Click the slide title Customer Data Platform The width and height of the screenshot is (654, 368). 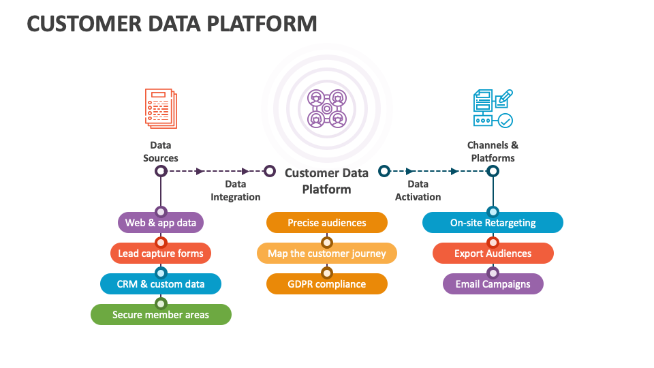[172, 23]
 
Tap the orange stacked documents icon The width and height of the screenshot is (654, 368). [161, 108]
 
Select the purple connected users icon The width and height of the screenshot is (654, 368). [327, 108]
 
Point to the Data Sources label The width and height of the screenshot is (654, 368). [161, 151]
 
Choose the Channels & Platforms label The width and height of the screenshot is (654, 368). [493, 151]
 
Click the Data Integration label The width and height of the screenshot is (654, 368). [235, 190]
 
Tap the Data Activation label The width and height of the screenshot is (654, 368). [418, 190]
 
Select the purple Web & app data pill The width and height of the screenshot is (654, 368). [161, 223]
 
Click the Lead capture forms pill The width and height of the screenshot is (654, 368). [161, 254]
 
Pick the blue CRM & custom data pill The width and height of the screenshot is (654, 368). [161, 284]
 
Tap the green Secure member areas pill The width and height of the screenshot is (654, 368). [161, 315]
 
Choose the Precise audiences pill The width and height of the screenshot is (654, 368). [327, 223]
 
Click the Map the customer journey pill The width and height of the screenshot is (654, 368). [327, 254]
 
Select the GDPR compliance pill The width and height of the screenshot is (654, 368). [327, 284]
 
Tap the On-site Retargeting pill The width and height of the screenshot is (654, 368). [493, 223]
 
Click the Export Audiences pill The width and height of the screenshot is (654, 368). [493, 254]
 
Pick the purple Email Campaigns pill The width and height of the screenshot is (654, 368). [493, 284]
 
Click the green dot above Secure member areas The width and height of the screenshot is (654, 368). [161, 303]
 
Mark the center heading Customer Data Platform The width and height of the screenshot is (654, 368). [327, 181]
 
